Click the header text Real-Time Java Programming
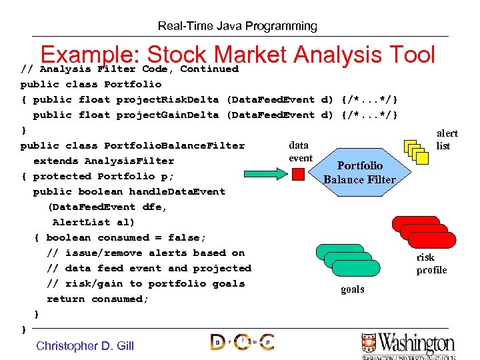coord(237,26)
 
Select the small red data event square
coord(299,174)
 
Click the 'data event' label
coord(300,151)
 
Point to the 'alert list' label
coord(447,139)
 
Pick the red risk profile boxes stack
coord(424,233)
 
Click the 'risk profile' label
coord(431,263)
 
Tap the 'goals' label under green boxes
coord(353,289)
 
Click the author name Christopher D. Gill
coord(85,345)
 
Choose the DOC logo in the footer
coord(242,342)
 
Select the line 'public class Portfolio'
coord(91,84)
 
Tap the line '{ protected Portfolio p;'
coord(97,176)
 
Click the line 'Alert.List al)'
coord(93,222)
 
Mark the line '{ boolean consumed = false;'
coord(120,237)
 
